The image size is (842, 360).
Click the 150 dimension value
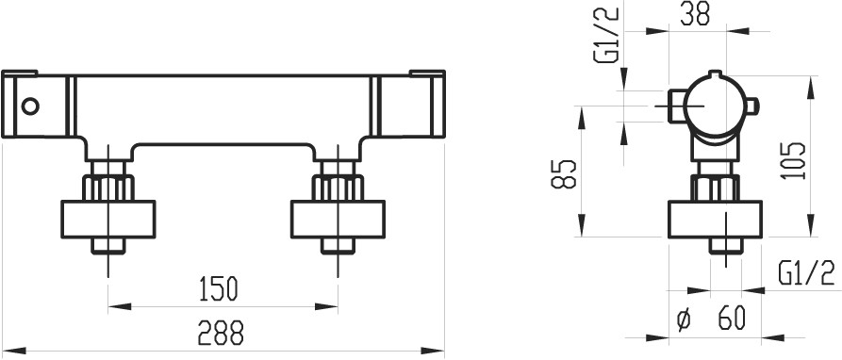coord(217,288)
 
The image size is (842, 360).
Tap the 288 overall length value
coord(221,333)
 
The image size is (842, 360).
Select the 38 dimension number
coord(695,13)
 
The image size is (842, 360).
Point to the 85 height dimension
coord(564,173)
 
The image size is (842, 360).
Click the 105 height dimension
coord(794,160)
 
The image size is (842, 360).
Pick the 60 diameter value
coord(732,319)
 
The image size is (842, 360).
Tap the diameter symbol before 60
coord(684,319)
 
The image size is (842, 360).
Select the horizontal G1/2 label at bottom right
coord(805,274)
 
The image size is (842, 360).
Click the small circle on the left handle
coord(30,106)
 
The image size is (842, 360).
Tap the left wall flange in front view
coord(108,219)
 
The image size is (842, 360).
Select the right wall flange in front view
coord(338,219)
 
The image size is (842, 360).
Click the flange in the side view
coord(716,219)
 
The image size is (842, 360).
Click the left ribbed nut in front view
coord(108,188)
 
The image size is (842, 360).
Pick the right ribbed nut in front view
coord(338,188)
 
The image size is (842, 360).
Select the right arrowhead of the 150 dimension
coord(326,307)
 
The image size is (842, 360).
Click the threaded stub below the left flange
coord(108,246)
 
